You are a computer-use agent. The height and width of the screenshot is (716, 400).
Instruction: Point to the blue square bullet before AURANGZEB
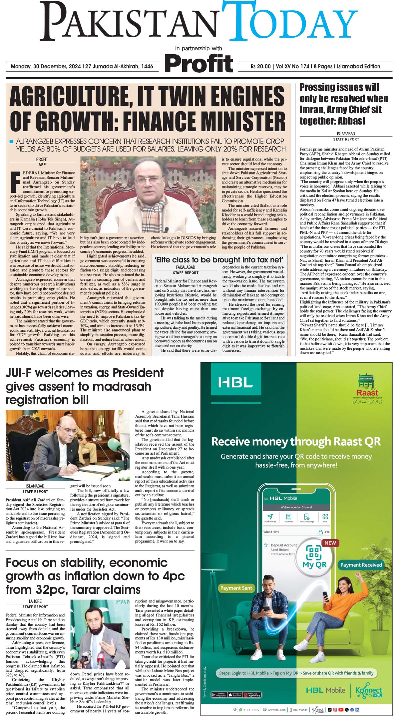point(11,142)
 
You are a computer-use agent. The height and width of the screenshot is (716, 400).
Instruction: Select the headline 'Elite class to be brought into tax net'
point(219,260)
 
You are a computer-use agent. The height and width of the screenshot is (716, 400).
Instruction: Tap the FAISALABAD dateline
point(185,267)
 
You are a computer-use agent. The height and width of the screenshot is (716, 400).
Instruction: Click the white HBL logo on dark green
point(235,382)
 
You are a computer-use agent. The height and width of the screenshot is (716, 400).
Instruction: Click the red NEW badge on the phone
point(330,543)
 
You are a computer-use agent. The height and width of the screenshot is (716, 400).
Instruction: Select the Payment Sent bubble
point(236,588)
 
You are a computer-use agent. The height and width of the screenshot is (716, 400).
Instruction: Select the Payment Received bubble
point(361,565)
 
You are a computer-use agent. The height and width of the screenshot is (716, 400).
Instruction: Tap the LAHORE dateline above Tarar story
point(35,601)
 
